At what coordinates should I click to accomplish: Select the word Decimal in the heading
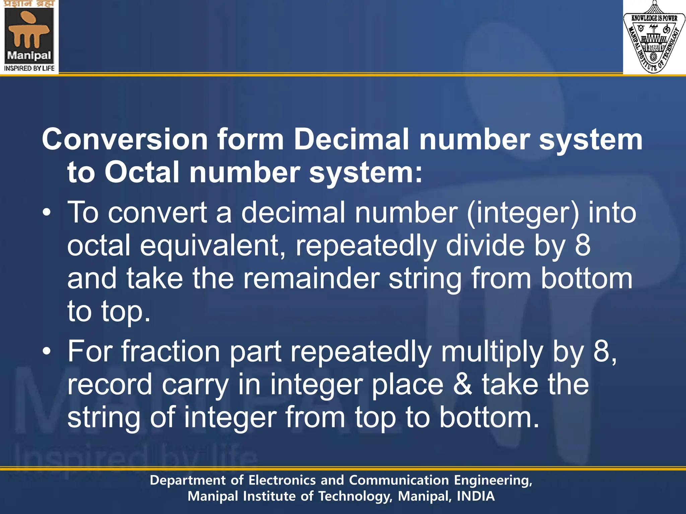click(351, 140)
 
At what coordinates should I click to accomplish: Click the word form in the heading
click(251, 140)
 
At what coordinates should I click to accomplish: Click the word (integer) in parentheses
click(523, 213)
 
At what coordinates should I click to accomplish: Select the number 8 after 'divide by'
click(583, 246)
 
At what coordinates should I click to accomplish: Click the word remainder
click(312, 279)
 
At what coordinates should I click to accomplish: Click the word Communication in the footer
click(399, 481)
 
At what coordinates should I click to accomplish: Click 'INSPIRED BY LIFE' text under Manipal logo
click(29, 68)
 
